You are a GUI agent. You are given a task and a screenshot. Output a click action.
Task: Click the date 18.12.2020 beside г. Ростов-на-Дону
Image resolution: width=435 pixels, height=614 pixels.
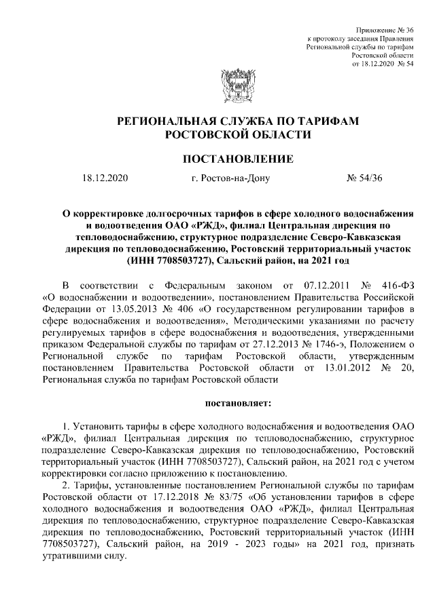(105, 179)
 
